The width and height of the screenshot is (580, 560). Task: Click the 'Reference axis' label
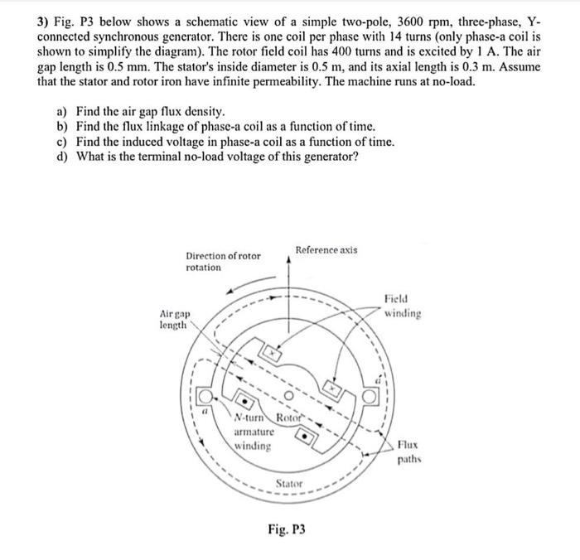coord(326,249)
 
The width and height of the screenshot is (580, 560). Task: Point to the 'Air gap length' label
coord(175,321)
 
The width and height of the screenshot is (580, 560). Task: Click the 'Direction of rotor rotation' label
coord(223,261)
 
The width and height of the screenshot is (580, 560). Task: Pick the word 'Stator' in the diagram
coord(289,483)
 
